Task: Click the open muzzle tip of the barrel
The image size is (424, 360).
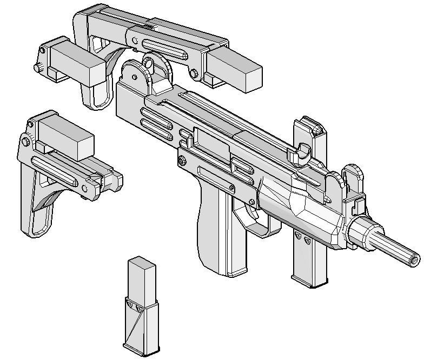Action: coord(414,259)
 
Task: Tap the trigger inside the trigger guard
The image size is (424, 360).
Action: coord(251,212)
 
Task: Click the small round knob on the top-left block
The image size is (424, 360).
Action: coord(38,68)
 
